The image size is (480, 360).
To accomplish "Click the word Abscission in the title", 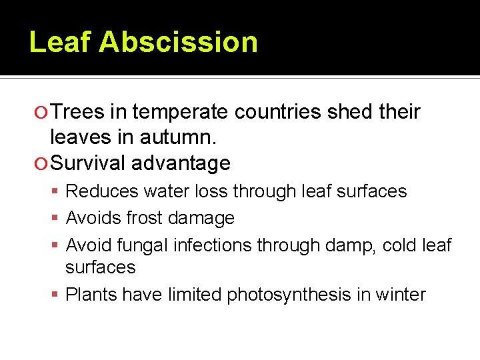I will point(178,42).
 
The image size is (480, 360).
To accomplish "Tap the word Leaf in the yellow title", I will point(60,42).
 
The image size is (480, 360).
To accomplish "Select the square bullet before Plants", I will point(57,295).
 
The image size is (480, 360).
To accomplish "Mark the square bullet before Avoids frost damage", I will point(57,218).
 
